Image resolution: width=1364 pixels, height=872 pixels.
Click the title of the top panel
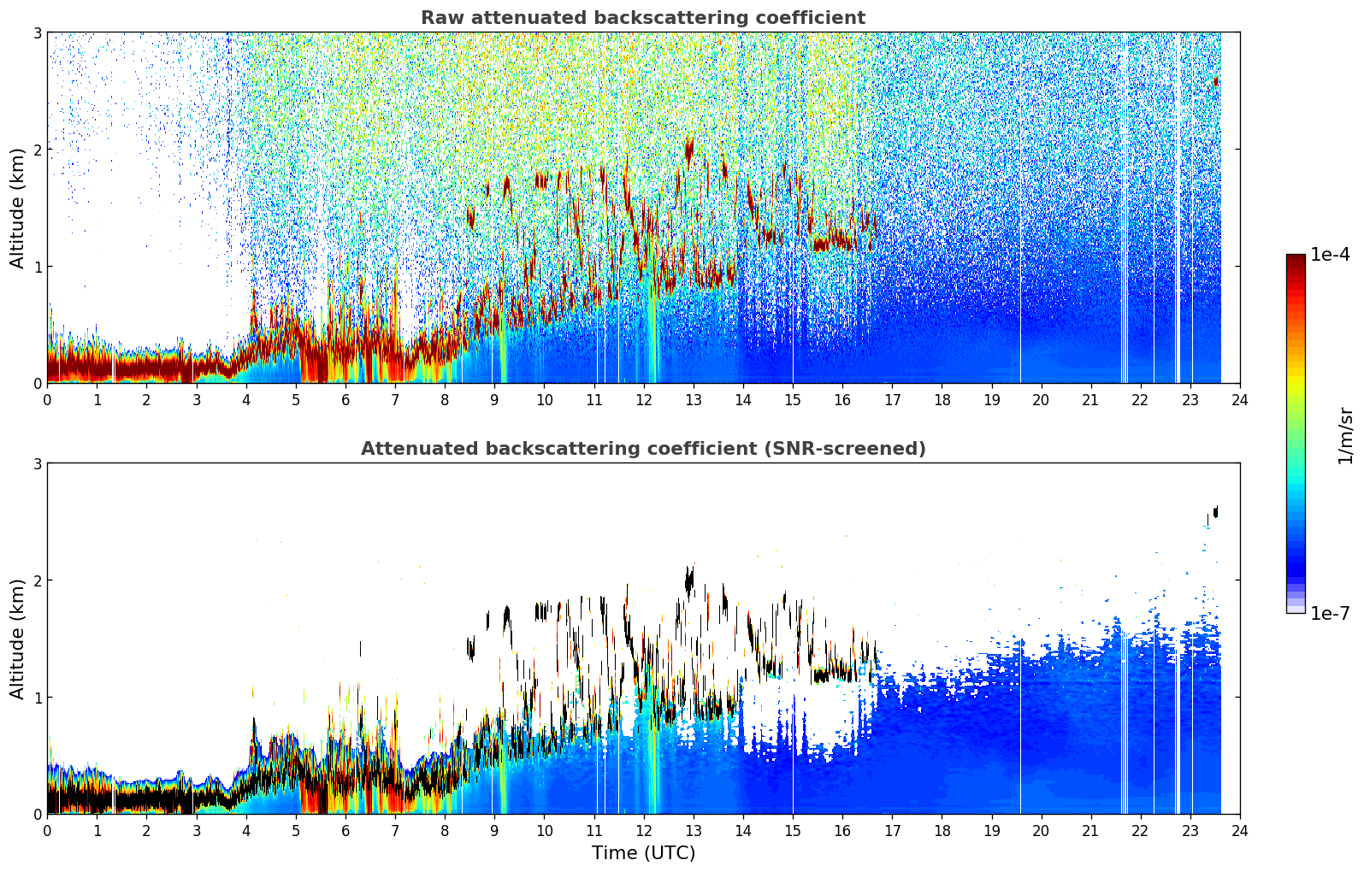coord(643,18)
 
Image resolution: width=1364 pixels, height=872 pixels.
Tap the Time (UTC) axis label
coord(643,852)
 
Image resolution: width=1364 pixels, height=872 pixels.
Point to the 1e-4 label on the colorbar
coord(1330,255)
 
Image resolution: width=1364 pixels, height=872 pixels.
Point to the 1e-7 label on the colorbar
coord(1330,613)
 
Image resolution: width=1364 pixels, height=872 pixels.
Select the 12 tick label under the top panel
coord(644,400)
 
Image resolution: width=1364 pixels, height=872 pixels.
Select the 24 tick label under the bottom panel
coord(1240,831)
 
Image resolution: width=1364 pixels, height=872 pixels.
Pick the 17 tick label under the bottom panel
coord(892,831)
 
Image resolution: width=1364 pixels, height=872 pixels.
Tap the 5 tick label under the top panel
coord(296,400)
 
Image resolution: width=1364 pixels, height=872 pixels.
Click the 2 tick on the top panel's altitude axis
coord(37,150)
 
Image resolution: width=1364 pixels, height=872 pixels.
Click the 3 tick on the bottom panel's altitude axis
coord(37,463)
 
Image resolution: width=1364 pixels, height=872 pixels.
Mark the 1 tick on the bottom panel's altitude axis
coord(37,697)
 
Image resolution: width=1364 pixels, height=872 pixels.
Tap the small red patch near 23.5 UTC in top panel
coord(1215,81)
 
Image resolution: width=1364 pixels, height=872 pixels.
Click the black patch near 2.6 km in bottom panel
coord(1215,511)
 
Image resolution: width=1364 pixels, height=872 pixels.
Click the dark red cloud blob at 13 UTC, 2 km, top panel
coord(689,150)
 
